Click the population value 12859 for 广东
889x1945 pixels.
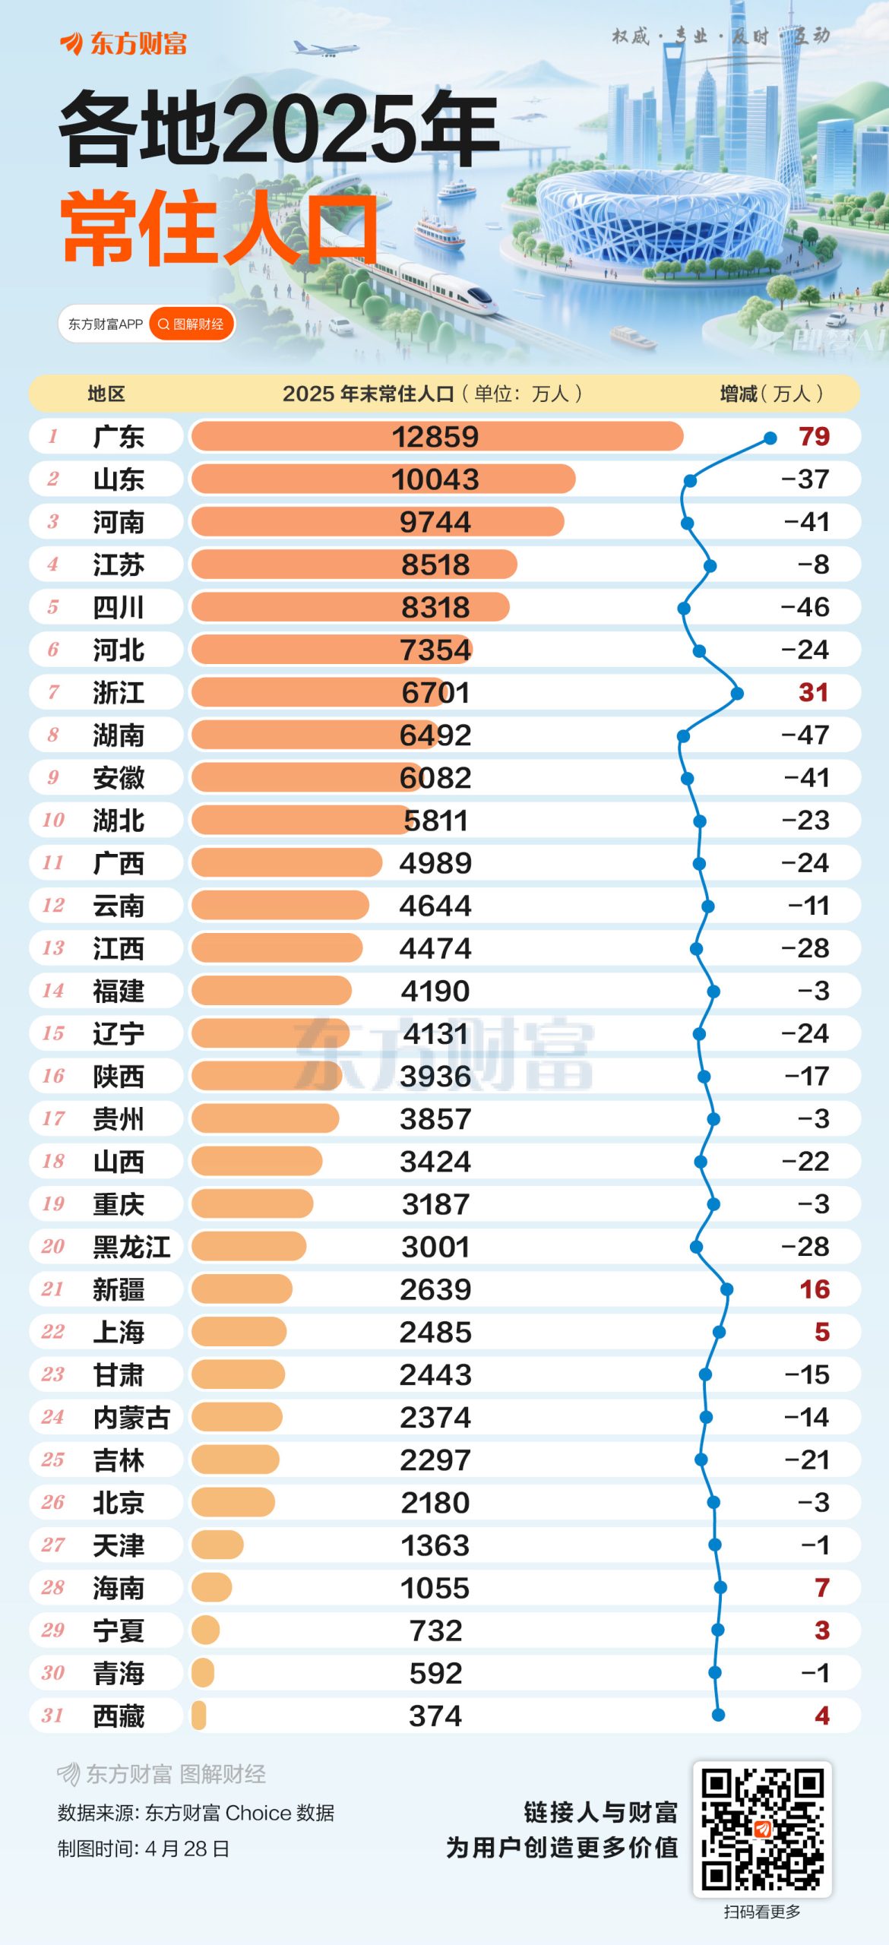tap(435, 437)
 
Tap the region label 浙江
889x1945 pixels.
tap(118, 693)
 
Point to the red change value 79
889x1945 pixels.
tap(814, 437)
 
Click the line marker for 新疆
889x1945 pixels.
tap(727, 1289)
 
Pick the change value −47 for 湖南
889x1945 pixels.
tap(805, 735)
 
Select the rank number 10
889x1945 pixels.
tap(53, 821)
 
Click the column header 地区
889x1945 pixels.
tap(106, 394)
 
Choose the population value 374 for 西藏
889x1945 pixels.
tap(435, 1716)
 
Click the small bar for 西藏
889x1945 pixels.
tap(199, 1716)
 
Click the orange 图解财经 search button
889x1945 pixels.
tap(191, 324)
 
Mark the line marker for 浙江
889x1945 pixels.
tap(737, 693)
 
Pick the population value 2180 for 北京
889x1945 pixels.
tap(435, 1503)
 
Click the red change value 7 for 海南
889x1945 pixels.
tap(821, 1588)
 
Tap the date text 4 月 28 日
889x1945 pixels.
tap(187, 1849)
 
